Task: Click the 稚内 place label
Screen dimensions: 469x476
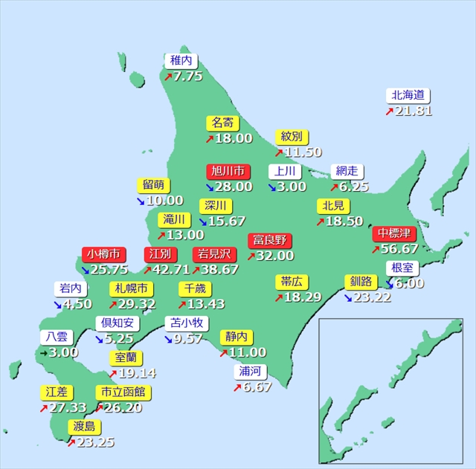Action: (181, 61)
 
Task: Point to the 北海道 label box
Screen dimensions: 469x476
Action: (408, 96)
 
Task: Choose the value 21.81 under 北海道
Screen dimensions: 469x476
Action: (414, 111)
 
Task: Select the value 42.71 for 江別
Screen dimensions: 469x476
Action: (170, 269)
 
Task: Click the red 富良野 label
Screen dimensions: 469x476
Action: (270, 241)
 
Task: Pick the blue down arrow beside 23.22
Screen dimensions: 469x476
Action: (348, 297)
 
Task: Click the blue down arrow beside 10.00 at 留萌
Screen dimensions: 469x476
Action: (141, 201)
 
